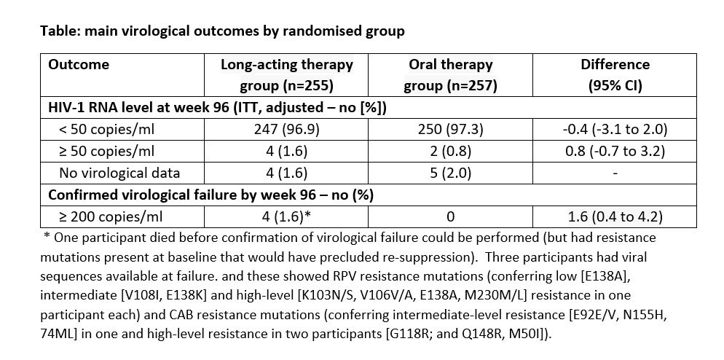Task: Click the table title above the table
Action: pyautogui.click(x=222, y=31)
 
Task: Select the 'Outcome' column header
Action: pyautogui.click(x=79, y=64)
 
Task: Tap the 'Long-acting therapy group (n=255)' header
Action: pyautogui.click(x=286, y=75)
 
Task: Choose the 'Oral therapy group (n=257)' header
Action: pyautogui.click(x=450, y=75)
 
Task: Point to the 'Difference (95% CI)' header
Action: pyautogui.click(x=615, y=75)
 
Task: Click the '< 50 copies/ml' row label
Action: pyautogui.click(x=106, y=130)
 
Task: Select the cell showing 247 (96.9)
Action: pyautogui.click(x=286, y=130)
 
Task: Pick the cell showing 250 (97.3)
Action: pyautogui.click(x=450, y=130)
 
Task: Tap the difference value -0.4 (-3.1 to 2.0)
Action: pyautogui.click(x=615, y=130)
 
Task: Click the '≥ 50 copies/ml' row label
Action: pyautogui.click(x=106, y=151)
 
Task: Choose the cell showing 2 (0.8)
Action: pyautogui.click(x=450, y=151)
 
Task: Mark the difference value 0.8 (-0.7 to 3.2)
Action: pyautogui.click(x=615, y=151)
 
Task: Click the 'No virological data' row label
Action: pyautogui.click(x=119, y=173)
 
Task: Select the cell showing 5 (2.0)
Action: pyautogui.click(x=450, y=173)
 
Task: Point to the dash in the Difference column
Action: pyautogui.click(x=615, y=173)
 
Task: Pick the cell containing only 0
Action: pyautogui.click(x=450, y=216)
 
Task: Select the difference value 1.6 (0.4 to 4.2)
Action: pyautogui.click(x=615, y=216)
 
